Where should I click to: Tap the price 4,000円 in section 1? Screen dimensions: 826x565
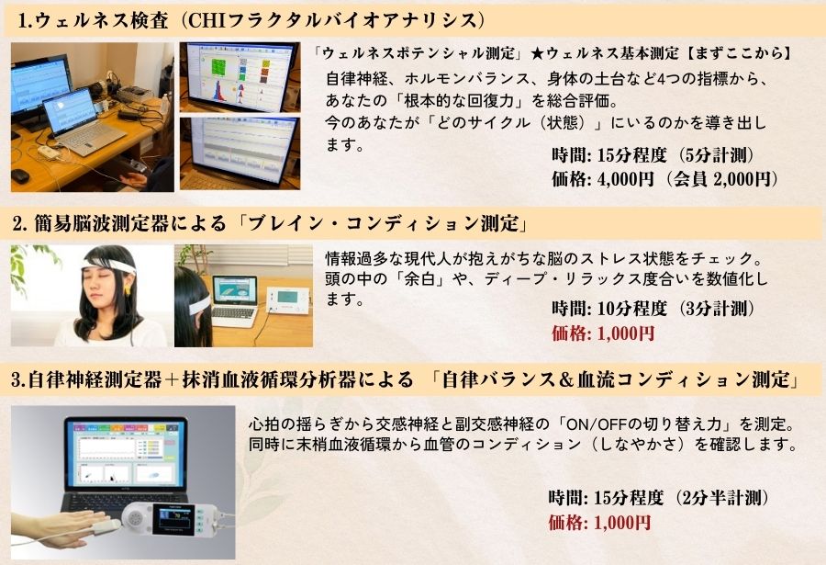625,179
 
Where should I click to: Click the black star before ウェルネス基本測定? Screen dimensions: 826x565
537,53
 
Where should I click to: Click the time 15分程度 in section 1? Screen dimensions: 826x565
632,155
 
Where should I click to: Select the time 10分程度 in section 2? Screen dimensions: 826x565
632,309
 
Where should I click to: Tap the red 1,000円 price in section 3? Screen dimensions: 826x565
621,523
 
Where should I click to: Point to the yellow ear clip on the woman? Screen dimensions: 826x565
128,289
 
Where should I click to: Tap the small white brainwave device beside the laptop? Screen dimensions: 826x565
287,300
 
